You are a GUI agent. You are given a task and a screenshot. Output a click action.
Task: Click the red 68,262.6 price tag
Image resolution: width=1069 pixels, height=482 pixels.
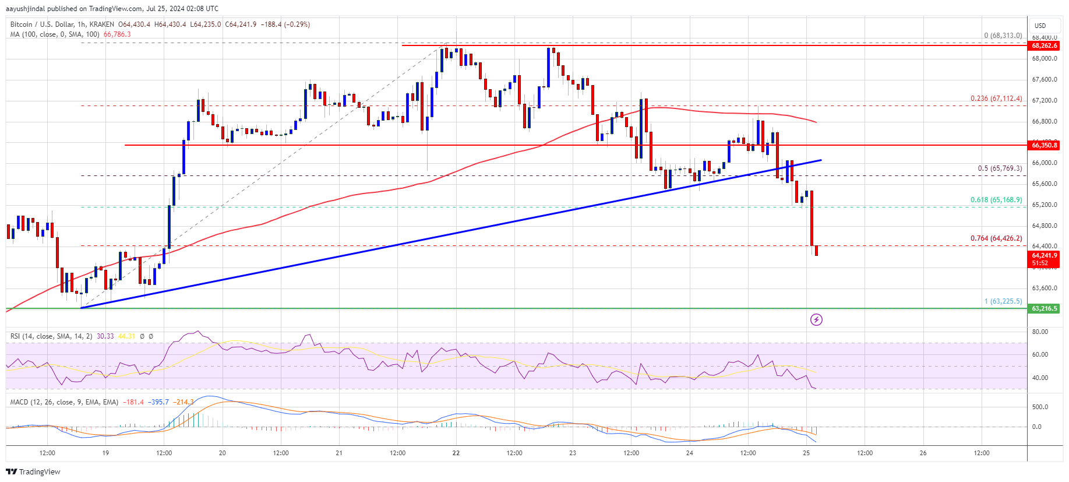pyautogui.click(x=1044, y=45)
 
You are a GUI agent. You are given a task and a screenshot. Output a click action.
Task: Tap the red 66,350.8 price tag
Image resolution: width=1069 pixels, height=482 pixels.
pyautogui.click(x=1044, y=145)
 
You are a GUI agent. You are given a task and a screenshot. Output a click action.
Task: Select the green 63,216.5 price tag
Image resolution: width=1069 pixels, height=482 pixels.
pyautogui.click(x=1044, y=308)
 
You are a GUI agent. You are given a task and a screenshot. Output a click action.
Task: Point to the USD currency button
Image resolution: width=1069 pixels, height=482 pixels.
pyautogui.click(x=1040, y=26)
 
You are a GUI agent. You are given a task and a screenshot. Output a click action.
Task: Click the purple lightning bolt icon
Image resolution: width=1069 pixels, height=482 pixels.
pyautogui.click(x=816, y=319)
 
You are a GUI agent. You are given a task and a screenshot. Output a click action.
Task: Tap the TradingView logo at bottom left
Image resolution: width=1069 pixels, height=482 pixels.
pyautogui.click(x=33, y=472)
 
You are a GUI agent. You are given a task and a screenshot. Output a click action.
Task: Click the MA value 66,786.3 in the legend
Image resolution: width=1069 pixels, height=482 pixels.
pyautogui.click(x=117, y=34)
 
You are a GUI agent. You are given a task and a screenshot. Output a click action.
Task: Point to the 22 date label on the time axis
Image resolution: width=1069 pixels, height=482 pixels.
pyautogui.click(x=456, y=453)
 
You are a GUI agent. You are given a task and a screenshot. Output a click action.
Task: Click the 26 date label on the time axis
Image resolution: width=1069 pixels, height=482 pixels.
pyautogui.click(x=923, y=453)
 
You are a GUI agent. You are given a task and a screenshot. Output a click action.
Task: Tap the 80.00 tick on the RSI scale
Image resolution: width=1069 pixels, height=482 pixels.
pyautogui.click(x=1040, y=332)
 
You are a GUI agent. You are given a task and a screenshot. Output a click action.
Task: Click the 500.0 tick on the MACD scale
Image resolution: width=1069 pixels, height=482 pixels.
pyautogui.click(x=1040, y=407)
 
